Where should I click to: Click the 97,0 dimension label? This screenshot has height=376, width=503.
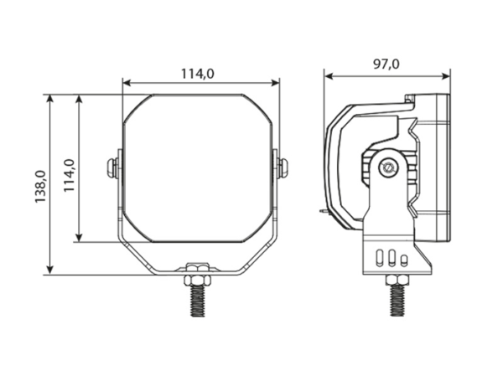coord(386,64)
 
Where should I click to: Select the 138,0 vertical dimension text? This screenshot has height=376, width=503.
coord(41,187)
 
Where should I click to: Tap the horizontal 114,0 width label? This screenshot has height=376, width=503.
coord(198,74)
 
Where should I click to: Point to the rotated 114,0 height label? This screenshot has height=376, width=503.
coord(69,175)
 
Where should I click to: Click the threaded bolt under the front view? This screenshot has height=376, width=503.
coord(198,301)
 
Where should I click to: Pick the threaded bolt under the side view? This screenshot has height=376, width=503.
coord(397,301)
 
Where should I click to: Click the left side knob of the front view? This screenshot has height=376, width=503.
coord(112,167)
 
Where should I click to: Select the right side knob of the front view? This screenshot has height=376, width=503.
coord(283,167)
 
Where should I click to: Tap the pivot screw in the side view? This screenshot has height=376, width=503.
coord(388,167)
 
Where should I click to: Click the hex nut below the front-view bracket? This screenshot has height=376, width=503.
coord(198,281)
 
